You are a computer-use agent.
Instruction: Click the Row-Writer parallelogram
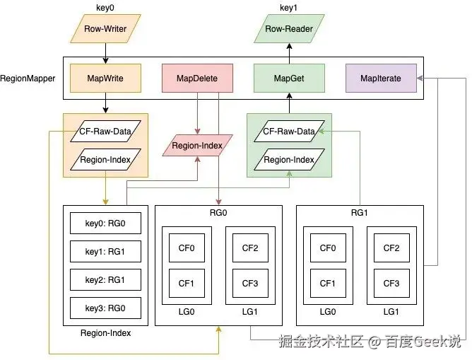point(105,30)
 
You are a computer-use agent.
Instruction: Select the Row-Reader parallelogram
point(288,30)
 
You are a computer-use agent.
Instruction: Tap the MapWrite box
point(105,79)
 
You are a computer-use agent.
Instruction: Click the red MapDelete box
point(197,79)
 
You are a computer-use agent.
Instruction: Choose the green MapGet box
point(288,79)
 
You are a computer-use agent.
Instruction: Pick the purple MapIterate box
point(380,79)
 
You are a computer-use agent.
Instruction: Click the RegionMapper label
point(28,79)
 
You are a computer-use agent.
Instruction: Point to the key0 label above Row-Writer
point(105,7)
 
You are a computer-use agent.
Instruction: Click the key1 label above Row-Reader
point(288,7)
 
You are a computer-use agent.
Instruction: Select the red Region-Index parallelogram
point(197,146)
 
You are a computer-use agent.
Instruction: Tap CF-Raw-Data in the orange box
point(105,131)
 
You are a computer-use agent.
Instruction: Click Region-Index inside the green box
point(288,160)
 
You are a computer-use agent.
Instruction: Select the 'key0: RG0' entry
point(105,223)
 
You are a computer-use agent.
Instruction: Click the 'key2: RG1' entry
point(105,279)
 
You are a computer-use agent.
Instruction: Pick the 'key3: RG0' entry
point(105,308)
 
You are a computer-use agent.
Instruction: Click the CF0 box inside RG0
point(187,248)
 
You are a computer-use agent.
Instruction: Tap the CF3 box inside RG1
point(391,283)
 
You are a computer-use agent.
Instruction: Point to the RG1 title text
point(359,211)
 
